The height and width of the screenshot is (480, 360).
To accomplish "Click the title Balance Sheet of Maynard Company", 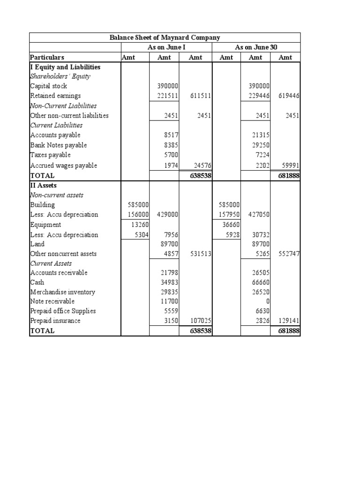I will (x=165, y=37).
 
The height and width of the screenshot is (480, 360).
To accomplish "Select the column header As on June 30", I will (x=256, y=47).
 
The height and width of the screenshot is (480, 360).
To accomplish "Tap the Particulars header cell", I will (x=47, y=57).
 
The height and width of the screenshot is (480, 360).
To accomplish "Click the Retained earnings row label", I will (x=55, y=96).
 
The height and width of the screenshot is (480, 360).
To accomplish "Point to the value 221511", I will (x=167, y=96).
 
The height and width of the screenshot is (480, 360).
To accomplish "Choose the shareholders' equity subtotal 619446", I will (x=289, y=96).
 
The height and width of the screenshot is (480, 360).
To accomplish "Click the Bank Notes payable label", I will (x=58, y=145).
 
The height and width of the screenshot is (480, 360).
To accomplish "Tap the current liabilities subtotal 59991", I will (x=289, y=165).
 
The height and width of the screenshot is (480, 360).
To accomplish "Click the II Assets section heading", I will (x=43, y=185).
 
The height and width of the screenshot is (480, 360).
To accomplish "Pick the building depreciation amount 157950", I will (x=230, y=215).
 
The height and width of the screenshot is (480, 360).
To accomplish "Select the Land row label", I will (x=37, y=244).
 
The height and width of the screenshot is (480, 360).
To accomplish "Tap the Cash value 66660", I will (x=259, y=282).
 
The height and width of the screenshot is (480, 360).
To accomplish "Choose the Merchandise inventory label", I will (x=62, y=292).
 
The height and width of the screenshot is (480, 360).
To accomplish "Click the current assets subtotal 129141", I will (x=289, y=321).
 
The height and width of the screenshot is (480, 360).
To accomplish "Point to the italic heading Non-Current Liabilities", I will (x=63, y=106).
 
